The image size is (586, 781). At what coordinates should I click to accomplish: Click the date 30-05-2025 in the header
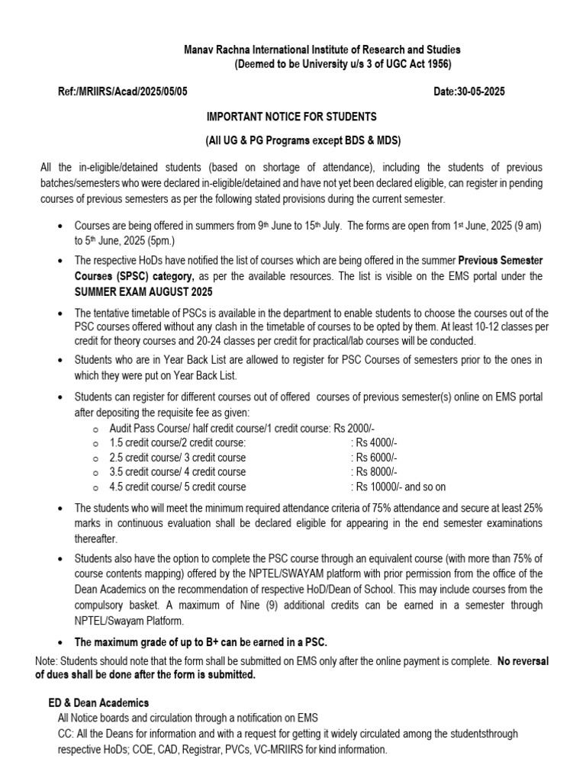[x=481, y=92]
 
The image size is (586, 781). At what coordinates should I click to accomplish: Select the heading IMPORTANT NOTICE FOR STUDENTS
[x=291, y=117]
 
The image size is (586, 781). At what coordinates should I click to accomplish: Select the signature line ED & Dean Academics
[x=98, y=702]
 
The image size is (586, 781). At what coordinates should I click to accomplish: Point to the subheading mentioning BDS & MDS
[x=291, y=142]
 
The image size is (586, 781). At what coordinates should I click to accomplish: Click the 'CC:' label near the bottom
[x=66, y=733]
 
